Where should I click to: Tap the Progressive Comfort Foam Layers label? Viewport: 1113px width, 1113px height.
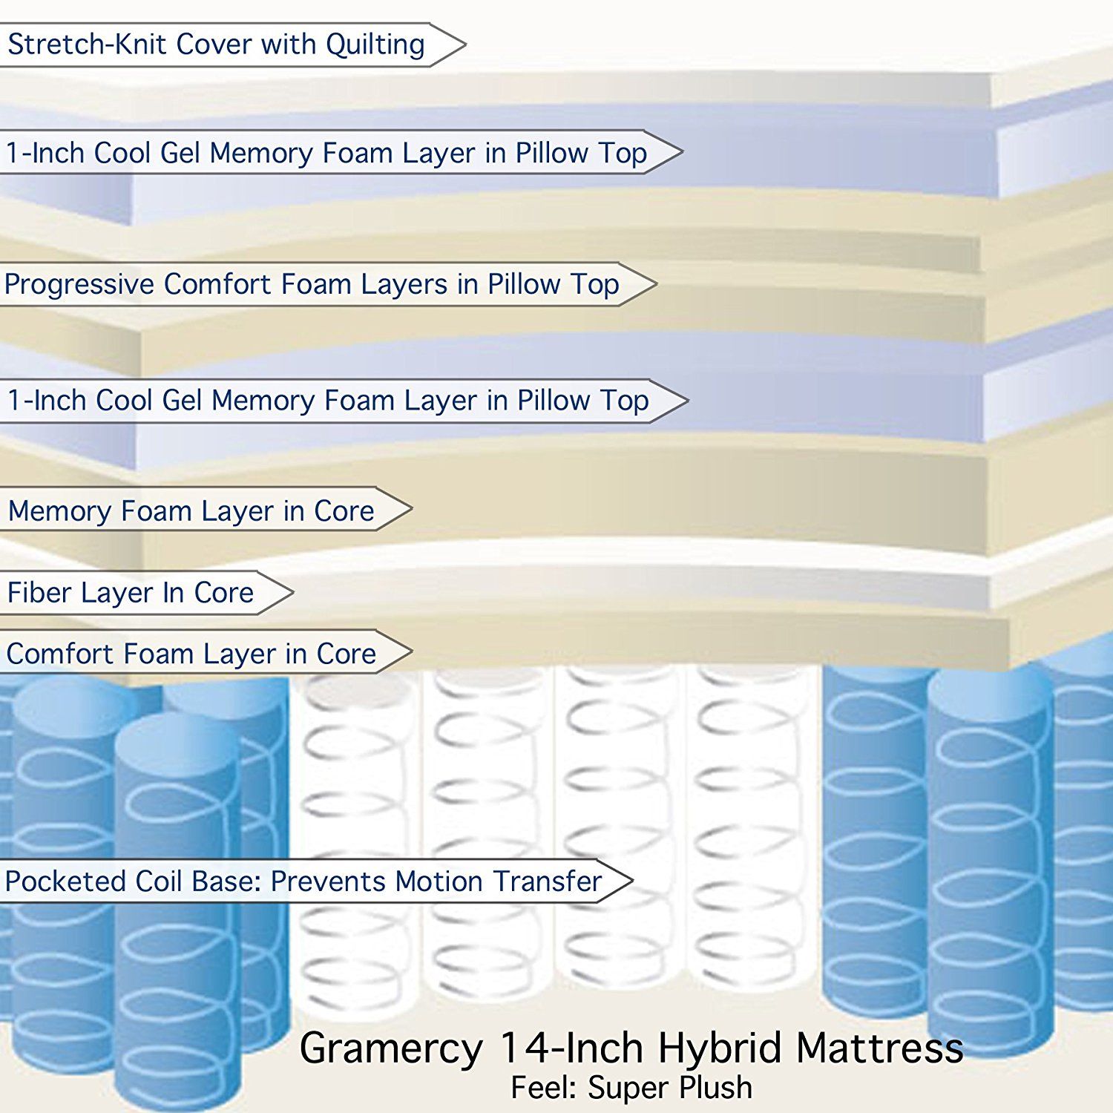(x=327, y=284)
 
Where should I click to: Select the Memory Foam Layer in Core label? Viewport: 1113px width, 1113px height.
(x=205, y=510)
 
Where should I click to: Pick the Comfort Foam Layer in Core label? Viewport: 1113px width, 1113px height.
(x=205, y=652)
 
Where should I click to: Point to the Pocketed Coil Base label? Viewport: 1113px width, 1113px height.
(x=315, y=881)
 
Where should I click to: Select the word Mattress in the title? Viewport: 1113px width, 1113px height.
(x=880, y=1048)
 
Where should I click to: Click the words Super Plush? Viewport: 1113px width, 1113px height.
(x=669, y=1088)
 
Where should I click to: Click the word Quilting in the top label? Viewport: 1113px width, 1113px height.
(x=375, y=45)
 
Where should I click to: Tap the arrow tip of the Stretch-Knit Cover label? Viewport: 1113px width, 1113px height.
(x=465, y=45)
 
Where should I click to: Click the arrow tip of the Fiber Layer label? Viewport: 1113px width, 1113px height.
(x=293, y=592)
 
